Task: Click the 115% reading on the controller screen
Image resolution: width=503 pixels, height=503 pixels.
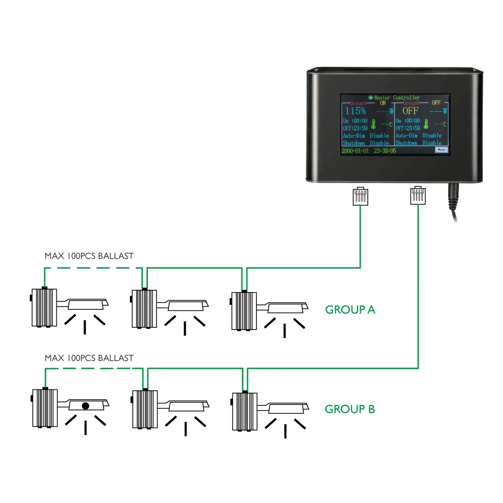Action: pyautogui.click(x=355, y=111)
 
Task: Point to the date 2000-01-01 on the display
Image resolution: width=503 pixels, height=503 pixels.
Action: pyautogui.click(x=356, y=150)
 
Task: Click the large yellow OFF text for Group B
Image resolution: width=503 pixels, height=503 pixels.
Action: pyautogui.click(x=410, y=111)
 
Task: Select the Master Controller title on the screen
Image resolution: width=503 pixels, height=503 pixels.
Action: pyautogui.click(x=397, y=98)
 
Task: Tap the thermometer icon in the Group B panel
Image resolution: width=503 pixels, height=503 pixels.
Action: pyautogui.click(x=426, y=124)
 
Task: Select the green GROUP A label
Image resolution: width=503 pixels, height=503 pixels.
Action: pyautogui.click(x=350, y=310)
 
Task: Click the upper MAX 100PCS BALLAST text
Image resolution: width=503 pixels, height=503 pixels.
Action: pyautogui.click(x=89, y=256)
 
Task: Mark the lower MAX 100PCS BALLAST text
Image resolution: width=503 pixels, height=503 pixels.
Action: pyautogui.click(x=89, y=358)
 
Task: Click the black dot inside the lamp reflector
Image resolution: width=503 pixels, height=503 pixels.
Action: pyautogui.click(x=86, y=405)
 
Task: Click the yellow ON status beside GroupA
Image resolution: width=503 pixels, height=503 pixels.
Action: pyautogui.click(x=383, y=103)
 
